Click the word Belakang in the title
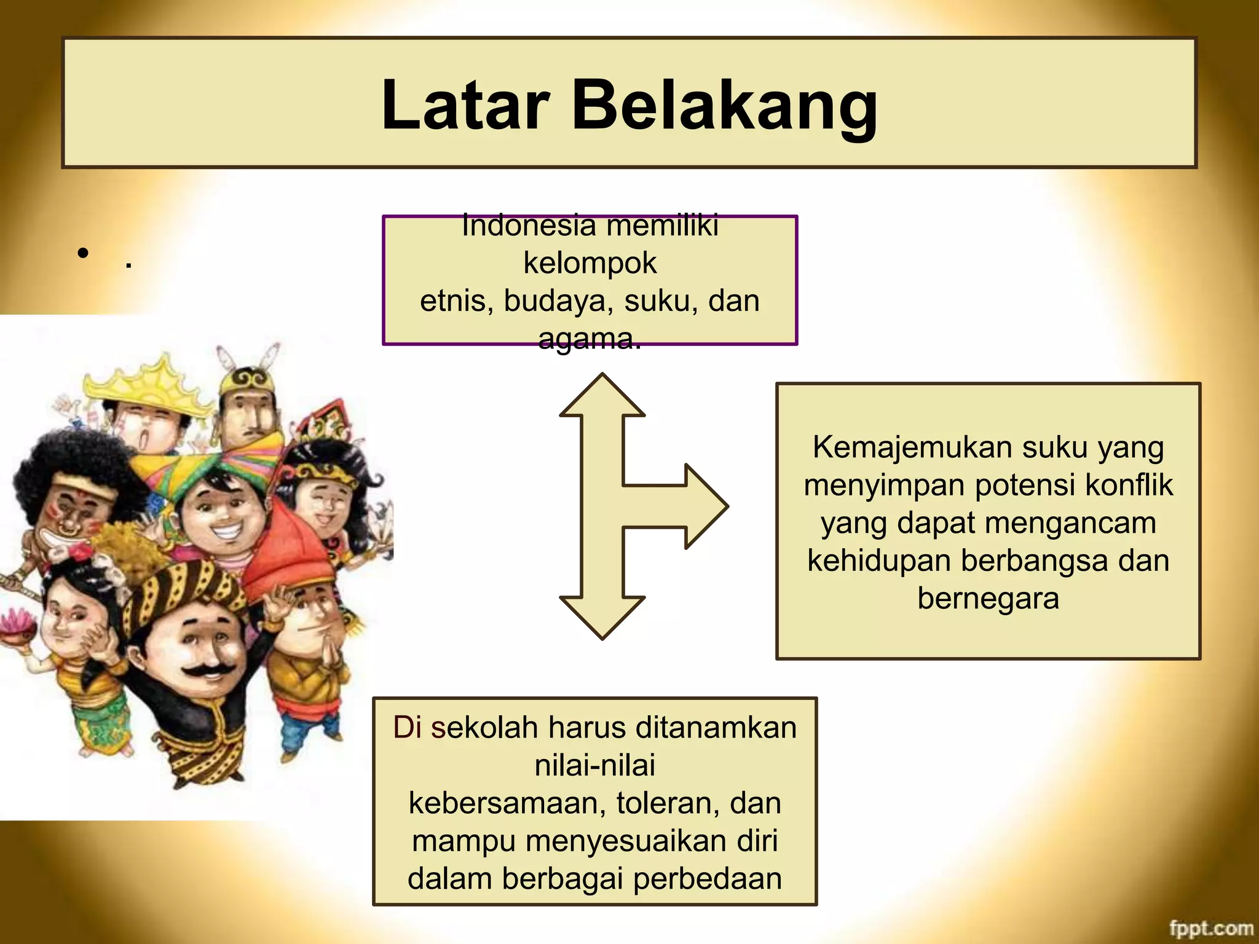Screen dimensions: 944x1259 [x=725, y=106]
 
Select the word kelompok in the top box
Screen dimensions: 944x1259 [x=590, y=263]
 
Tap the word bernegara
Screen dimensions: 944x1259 [x=988, y=599]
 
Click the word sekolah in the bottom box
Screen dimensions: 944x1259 [x=484, y=728]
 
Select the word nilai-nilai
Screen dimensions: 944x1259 [x=595, y=766]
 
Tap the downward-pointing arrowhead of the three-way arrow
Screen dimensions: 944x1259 [x=602, y=617]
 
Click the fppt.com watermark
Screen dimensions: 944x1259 [x=1210, y=928]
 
